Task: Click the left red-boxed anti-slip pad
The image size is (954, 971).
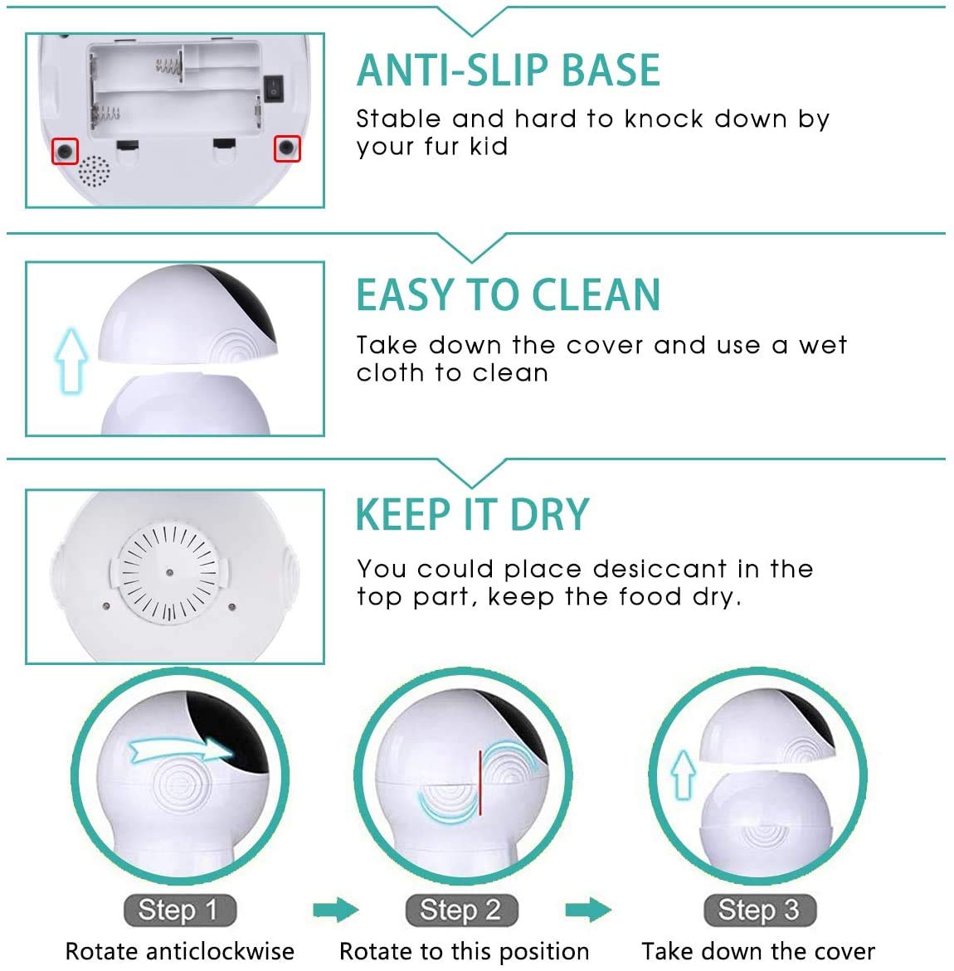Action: [x=65, y=151]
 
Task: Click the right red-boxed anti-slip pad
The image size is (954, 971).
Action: [x=287, y=148]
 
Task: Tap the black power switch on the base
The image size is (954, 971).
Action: [x=273, y=85]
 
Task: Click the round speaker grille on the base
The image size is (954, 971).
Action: [x=94, y=171]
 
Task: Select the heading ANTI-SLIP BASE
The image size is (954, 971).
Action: [x=508, y=70]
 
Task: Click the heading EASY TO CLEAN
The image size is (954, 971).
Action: [x=508, y=295]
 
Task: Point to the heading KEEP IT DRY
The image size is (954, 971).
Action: [x=472, y=515]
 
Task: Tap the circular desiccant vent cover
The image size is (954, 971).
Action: [x=168, y=572]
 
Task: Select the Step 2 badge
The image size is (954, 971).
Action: [x=461, y=910]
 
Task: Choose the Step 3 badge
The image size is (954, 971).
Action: [x=760, y=910]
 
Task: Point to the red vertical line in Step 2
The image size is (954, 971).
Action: [x=479, y=784]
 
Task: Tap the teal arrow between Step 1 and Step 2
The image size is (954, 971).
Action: [x=336, y=910]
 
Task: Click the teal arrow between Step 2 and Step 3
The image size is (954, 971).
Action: [x=587, y=910]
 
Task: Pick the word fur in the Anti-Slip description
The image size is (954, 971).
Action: [x=434, y=147]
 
